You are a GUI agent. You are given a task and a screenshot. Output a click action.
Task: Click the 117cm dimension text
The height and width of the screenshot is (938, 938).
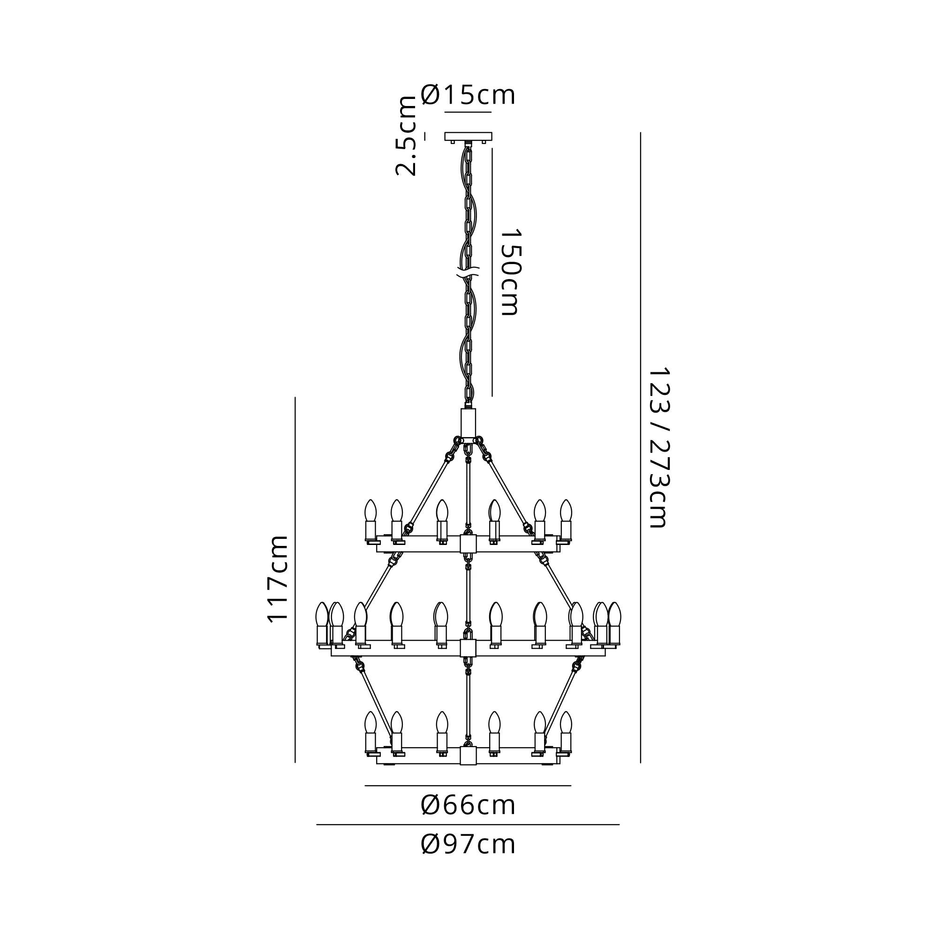(x=278, y=579)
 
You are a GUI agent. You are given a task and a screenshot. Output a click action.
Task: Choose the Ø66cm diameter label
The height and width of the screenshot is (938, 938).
(x=468, y=805)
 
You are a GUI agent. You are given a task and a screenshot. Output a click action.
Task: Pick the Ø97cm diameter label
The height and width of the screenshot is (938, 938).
(x=468, y=844)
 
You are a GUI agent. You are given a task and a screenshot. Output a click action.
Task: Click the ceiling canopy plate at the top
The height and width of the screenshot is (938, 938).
(x=468, y=136)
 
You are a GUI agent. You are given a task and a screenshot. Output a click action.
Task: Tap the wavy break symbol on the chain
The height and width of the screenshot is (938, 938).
(x=468, y=272)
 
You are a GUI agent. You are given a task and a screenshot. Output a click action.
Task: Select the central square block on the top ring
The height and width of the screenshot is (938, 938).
(x=468, y=544)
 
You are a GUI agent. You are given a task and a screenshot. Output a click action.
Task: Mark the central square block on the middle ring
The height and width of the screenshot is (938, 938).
(x=468, y=648)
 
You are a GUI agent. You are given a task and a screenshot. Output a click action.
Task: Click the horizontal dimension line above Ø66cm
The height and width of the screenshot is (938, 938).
(x=468, y=786)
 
